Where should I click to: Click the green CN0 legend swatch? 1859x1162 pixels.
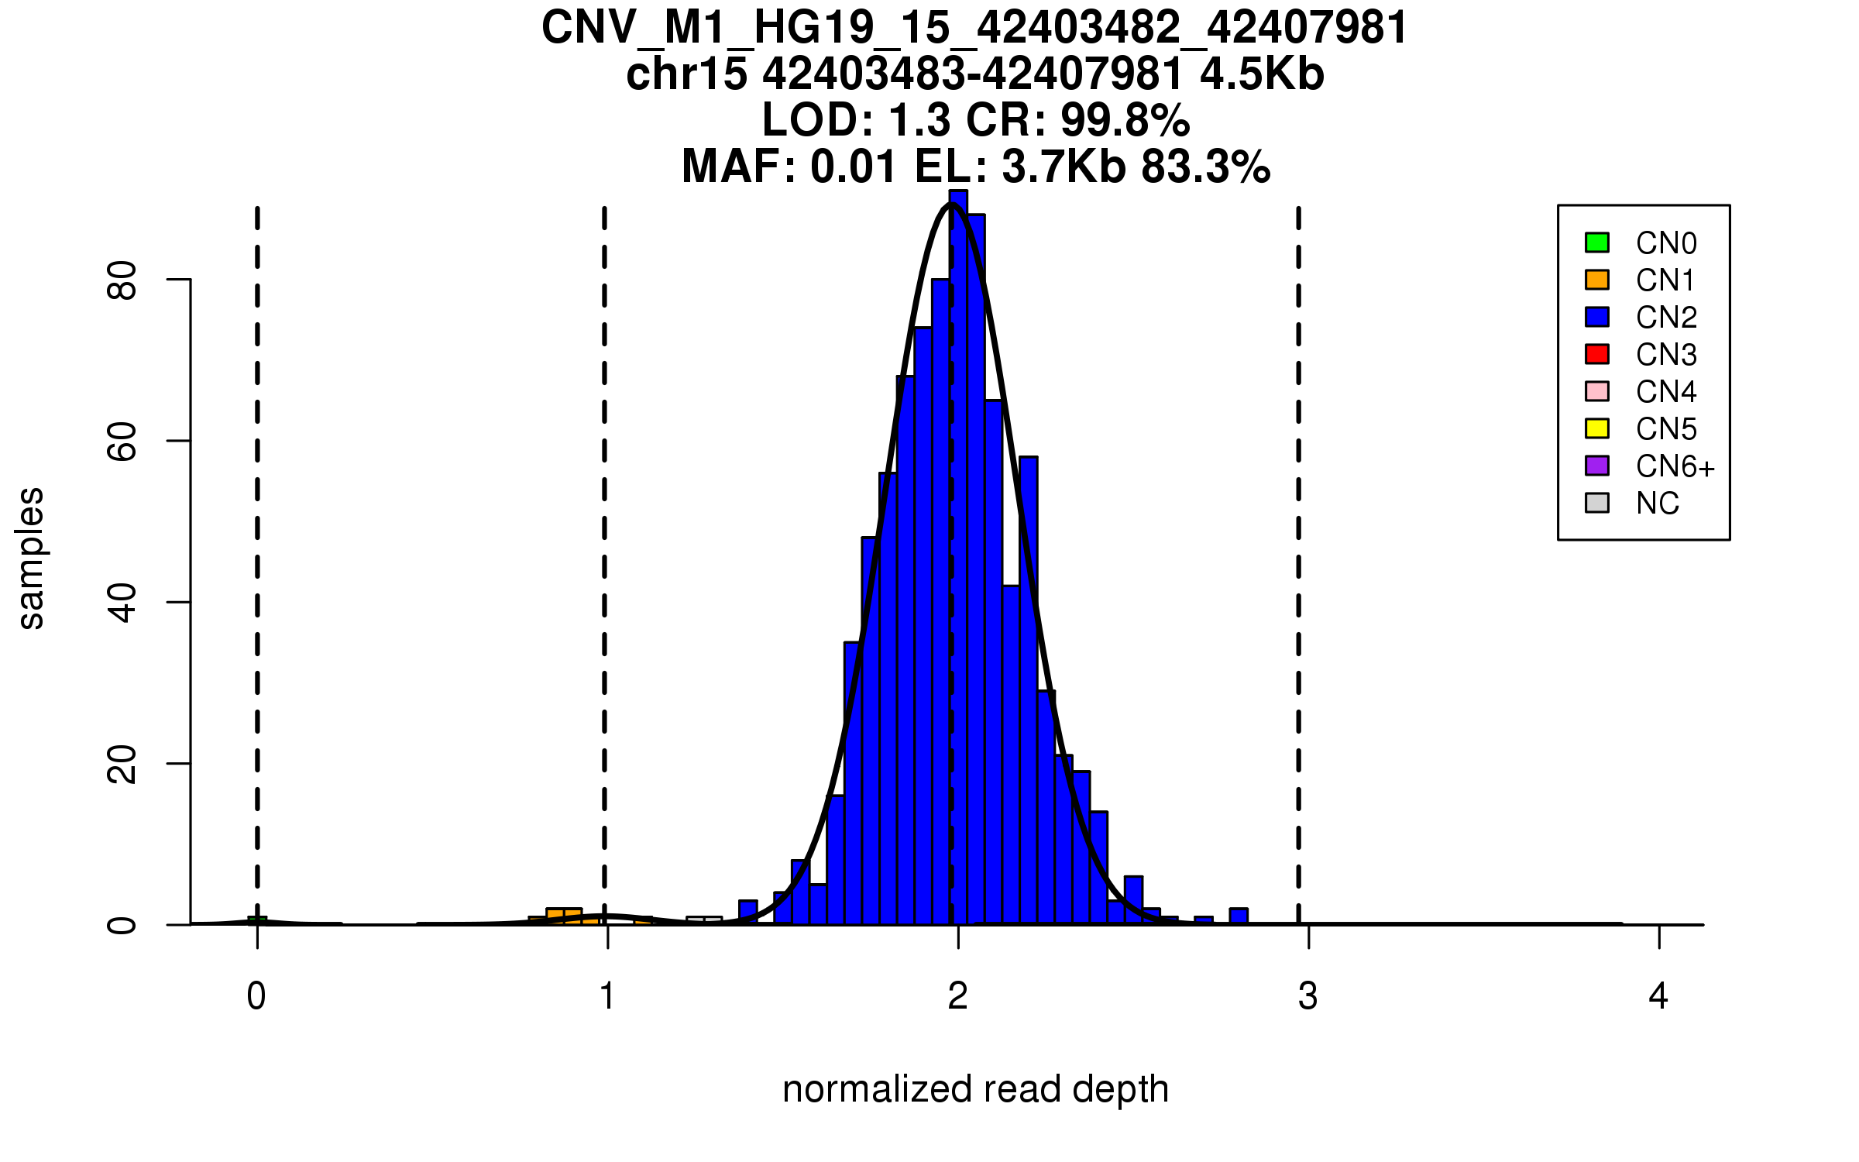click(1597, 242)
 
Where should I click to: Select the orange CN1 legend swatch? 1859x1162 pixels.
click(1597, 280)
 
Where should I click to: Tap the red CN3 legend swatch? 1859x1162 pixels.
click(1597, 354)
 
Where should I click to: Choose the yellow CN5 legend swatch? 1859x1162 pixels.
click(1597, 428)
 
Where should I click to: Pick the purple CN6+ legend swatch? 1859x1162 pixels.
click(1597, 466)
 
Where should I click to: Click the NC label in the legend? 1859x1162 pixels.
click(1658, 504)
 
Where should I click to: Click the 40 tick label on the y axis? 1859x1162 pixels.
click(122, 602)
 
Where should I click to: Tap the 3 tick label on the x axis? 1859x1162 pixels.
click(1308, 996)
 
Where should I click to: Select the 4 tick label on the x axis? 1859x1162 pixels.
click(1658, 996)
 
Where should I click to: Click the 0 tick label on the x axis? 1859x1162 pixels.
click(256, 996)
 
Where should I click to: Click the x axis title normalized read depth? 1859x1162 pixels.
click(975, 1089)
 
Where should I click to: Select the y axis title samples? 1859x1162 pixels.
click(31, 558)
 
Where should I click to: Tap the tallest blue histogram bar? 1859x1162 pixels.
click(958, 558)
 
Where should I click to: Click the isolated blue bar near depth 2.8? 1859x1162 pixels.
click(1239, 916)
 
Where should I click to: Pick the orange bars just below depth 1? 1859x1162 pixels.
click(564, 916)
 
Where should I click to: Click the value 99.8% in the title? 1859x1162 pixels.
click(1125, 120)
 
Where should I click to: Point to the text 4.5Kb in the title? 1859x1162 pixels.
click(1262, 74)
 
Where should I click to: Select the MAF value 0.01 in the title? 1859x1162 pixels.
click(854, 167)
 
